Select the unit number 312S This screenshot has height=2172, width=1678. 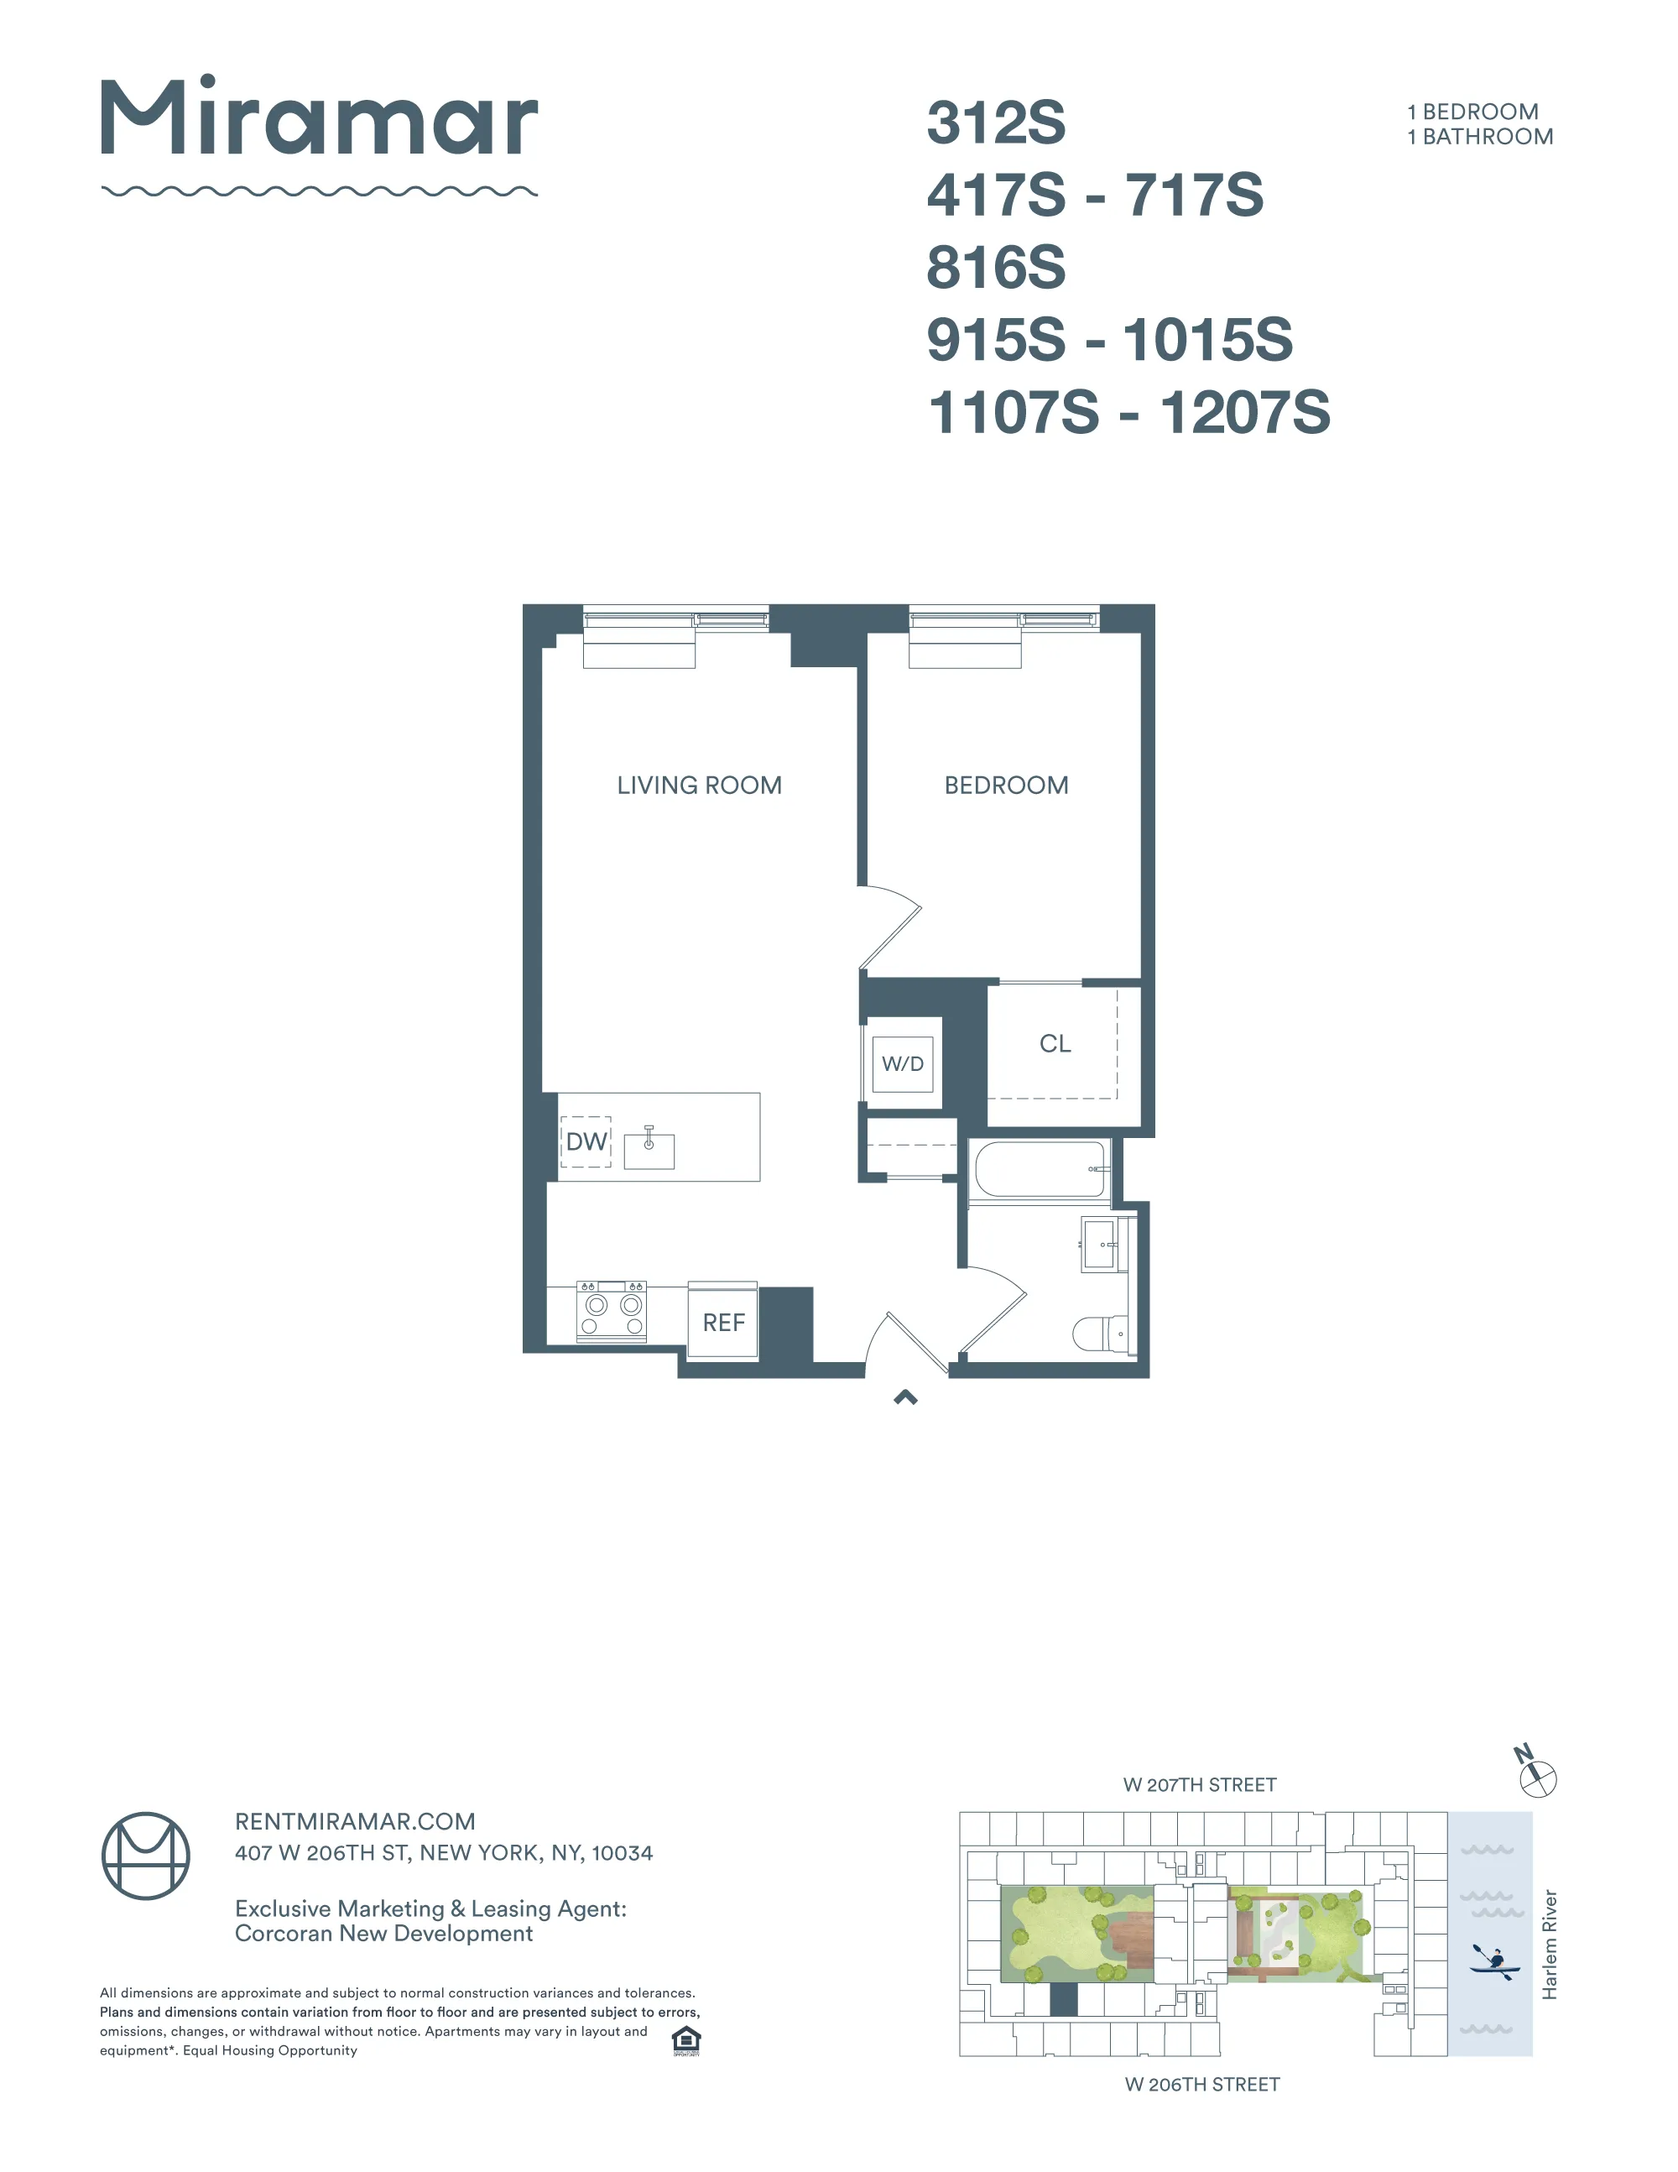(x=995, y=123)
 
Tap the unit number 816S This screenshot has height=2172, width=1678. (x=995, y=268)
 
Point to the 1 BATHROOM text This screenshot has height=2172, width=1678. (x=1479, y=138)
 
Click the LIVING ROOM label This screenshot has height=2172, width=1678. (x=699, y=786)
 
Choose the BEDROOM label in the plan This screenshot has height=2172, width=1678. (x=1006, y=786)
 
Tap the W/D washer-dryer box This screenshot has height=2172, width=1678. (x=903, y=1064)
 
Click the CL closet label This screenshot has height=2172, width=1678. (x=1055, y=1043)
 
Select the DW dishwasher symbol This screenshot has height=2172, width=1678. (x=586, y=1141)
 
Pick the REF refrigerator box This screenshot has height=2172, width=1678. (x=722, y=1322)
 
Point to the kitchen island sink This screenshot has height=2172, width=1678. (x=649, y=1150)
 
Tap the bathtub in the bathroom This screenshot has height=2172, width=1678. (x=1040, y=1170)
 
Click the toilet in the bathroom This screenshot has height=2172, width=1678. (x=1099, y=1333)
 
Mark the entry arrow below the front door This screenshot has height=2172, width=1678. (x=904, y=1397)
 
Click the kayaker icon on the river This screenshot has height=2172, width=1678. (x=1494, y=1962)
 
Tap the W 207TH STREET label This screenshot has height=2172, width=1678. (x=1199, y=1785)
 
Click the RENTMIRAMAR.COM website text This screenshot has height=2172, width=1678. (x=355, y=1822)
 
